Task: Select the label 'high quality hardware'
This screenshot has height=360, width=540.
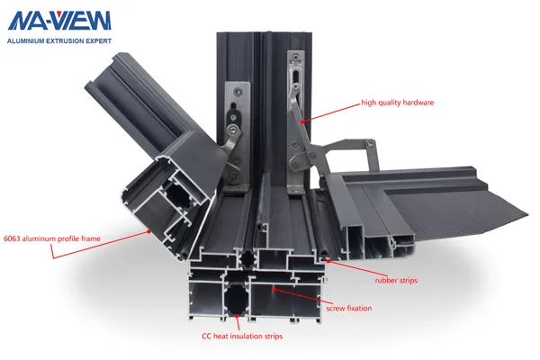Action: (397, 103)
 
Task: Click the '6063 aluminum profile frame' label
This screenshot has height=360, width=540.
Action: (50, 238)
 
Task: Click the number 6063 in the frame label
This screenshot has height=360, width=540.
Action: (13, 238)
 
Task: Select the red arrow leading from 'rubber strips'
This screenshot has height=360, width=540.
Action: (351, 269)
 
